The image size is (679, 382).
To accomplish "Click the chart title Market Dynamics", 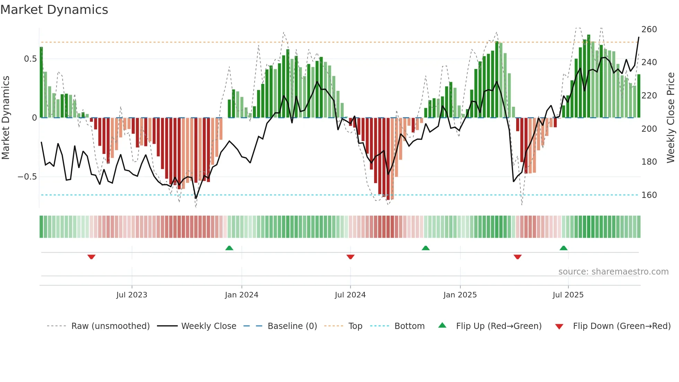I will (54, 10).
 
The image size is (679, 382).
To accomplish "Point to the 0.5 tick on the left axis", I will (30, 59).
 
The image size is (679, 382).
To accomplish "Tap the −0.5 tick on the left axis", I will (27, 177).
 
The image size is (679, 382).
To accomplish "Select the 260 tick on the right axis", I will (649, 29).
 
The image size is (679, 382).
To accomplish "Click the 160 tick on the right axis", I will (649, 195).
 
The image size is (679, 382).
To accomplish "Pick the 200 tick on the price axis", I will (649, 129).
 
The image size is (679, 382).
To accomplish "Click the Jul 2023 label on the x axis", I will (132, 295).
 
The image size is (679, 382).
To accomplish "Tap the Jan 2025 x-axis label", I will (460, 295).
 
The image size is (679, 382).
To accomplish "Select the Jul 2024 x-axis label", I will (350, 295).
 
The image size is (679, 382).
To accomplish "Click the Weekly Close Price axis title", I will (671, 118).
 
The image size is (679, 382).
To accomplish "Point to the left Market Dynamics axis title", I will (6, 118).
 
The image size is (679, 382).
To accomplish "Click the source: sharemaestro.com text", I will (613, 272).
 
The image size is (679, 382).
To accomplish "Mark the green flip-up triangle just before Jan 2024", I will (229, 248).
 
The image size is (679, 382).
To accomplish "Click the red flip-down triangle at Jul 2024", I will (350, 257).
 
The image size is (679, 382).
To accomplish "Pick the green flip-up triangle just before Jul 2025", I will (563, 248).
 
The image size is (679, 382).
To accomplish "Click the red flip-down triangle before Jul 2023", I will (91, 257).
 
